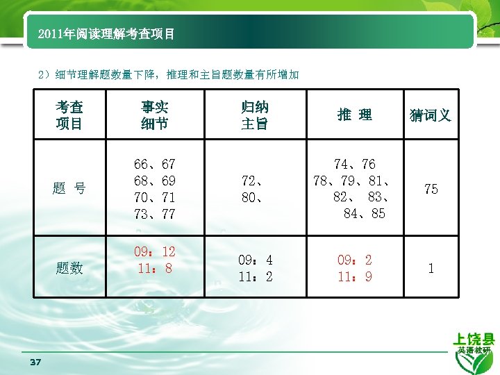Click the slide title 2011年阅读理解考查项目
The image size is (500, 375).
(x=106, y=33)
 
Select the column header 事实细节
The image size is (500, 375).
(x=154, y=115)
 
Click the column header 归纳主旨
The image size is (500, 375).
(x=255, y=115)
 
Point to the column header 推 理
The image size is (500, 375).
(x=354, y=115)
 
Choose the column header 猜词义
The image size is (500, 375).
(x=431, y=115)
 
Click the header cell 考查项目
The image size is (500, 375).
(x=69, y=115)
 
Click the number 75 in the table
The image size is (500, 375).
(x=431, y=190)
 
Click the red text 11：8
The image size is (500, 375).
(x=154, y=268)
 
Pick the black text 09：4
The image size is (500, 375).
(x=255, y=260)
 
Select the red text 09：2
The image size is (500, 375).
(x=354, y=260)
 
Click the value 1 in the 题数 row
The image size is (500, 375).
(x=431, y=268)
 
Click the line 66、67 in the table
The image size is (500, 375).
(x=154, y=165)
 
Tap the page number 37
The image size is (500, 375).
(x=36, y=362)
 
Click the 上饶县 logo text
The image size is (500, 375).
(x=474, y=340)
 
